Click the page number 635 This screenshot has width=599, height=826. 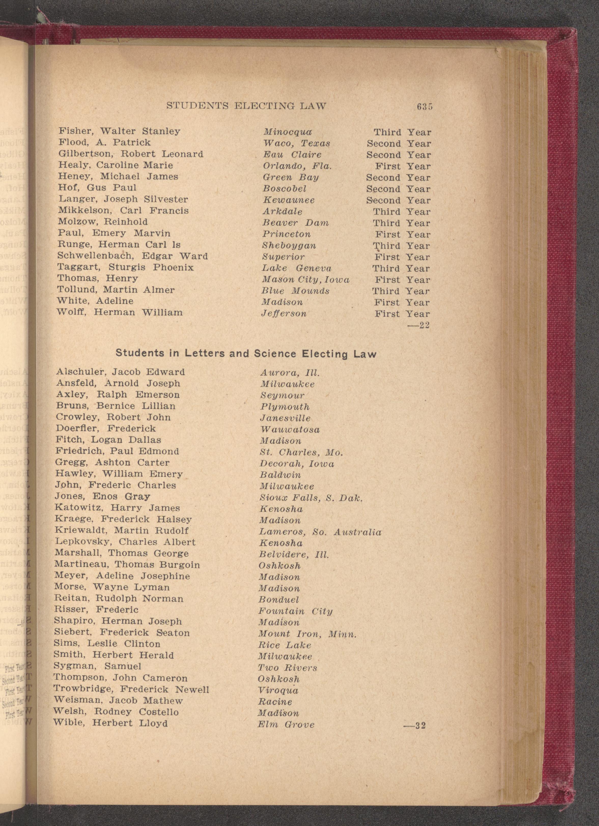point(425,107)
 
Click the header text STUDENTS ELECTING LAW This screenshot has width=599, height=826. point(246,106)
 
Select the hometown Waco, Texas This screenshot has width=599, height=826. point(297,143)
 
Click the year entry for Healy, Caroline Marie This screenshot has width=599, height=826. point(403,166)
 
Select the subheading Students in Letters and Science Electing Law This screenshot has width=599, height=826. point(246,353)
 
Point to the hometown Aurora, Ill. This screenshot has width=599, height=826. point(290,373)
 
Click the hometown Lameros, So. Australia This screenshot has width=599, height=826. point(320,532)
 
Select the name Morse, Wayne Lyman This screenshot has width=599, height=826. point(112,587)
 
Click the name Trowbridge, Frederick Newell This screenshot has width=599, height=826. point(131,689)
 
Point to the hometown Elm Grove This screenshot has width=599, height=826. point(286,724)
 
